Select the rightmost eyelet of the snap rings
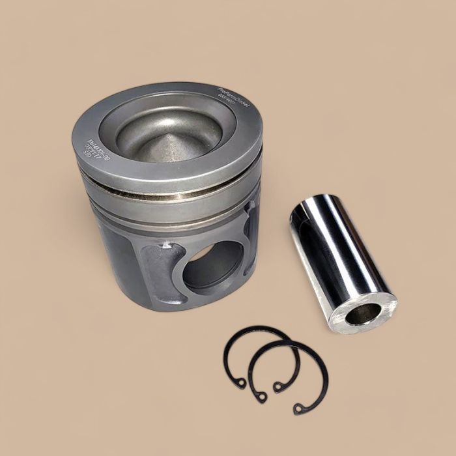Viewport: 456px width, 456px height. click(x=300, y=408)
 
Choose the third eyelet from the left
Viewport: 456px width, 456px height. click(x=279, y=386)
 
